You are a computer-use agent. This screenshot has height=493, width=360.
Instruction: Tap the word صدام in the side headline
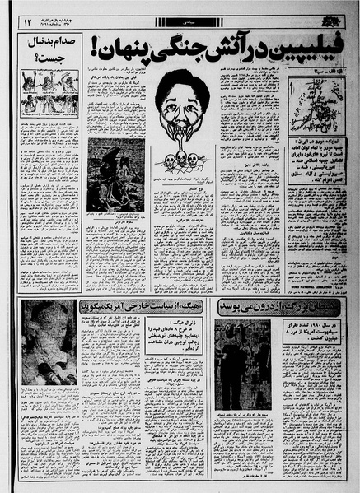point(63,41)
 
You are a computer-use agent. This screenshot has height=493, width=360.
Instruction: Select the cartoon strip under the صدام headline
point(49,95)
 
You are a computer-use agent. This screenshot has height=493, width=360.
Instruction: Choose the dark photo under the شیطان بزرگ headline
point(243,353)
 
